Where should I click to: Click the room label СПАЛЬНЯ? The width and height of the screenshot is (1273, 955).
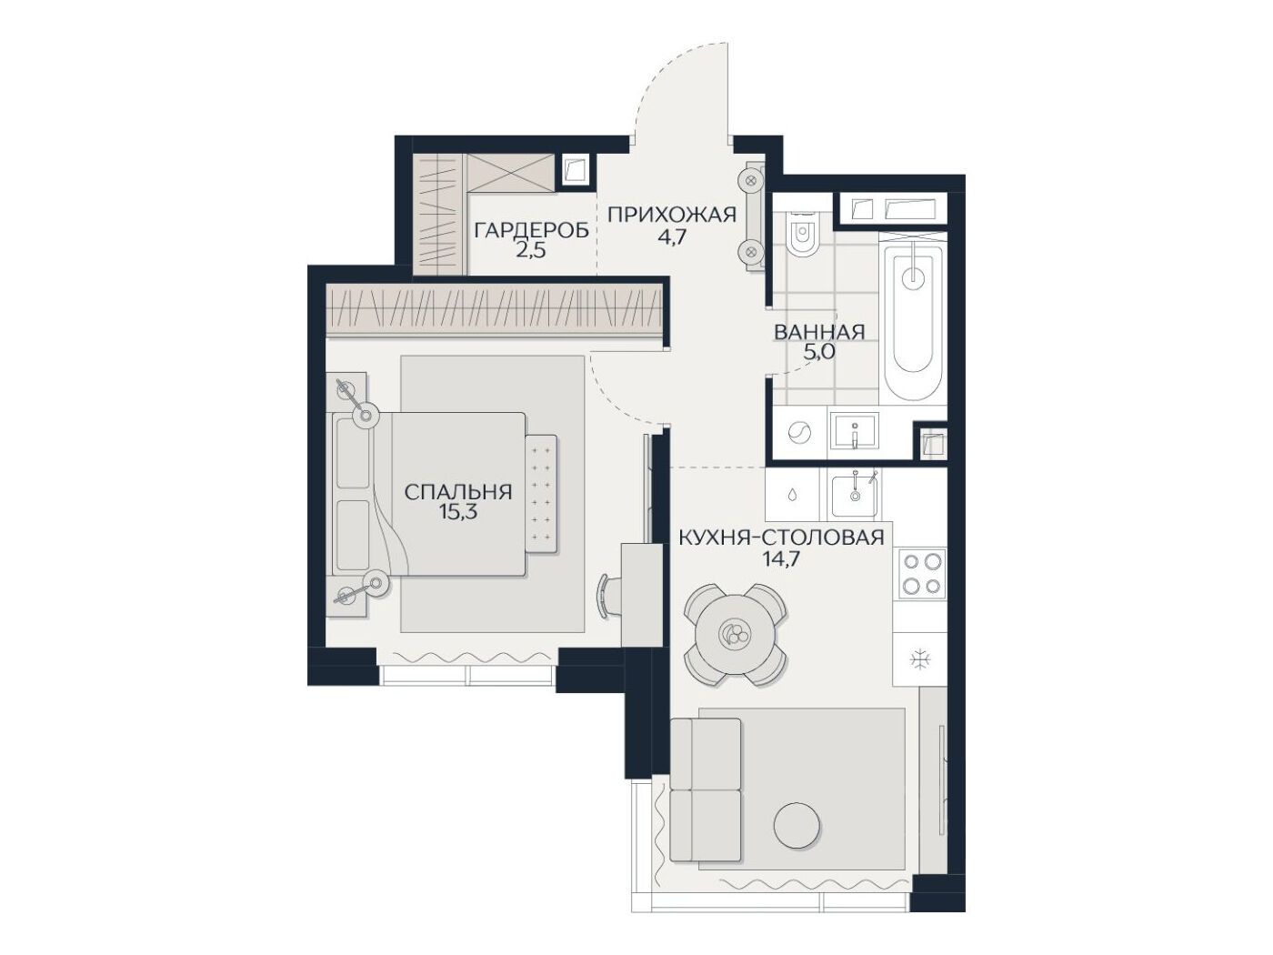click(457, 492)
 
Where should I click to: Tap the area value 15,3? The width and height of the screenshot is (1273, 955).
click(457, 513)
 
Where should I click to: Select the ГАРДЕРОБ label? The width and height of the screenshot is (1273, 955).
click(531, 231)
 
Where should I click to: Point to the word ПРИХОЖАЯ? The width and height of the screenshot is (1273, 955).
click(672, 216)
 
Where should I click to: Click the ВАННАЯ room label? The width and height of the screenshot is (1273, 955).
click(819, 332)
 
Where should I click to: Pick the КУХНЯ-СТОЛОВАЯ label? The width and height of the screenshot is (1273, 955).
click(781, 538)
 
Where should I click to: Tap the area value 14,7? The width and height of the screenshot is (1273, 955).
click(781, 558)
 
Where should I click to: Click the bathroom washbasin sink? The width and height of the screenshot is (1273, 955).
click(853, 430)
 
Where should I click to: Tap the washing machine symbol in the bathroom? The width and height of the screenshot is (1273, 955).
click(799, 431)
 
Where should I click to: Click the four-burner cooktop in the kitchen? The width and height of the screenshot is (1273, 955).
click(921, 574)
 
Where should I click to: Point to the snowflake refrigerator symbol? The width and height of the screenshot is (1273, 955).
click(920, 659)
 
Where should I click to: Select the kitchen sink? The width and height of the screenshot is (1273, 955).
click(854, 497)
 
